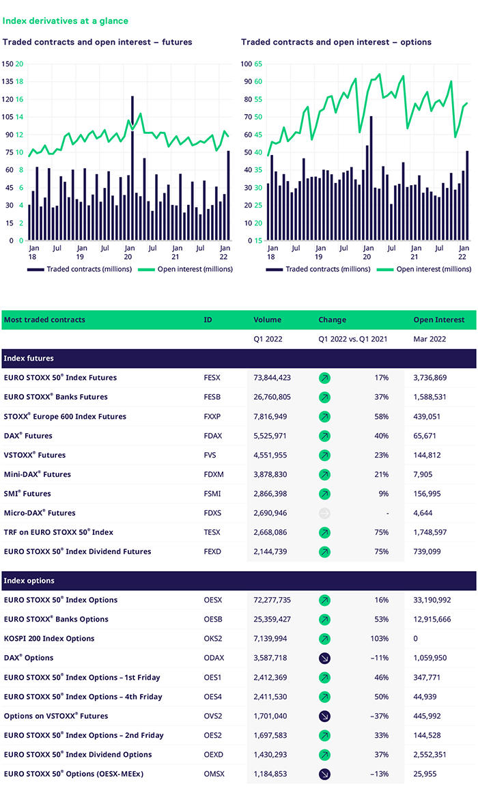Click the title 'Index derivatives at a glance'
[66, 21]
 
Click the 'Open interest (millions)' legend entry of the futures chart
[186, 269]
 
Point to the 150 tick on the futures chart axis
[8, 64]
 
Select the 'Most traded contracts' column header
[44, 320]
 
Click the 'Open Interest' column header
[438, 320]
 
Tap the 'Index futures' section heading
[28, 358]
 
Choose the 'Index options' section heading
[29, 581]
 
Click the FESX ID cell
[212, 378]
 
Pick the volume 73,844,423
[272, 378]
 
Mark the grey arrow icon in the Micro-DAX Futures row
[324, 513]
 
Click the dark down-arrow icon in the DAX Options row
[324, 658]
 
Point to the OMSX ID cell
[214, 774]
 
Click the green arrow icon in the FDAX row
[324, 436]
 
